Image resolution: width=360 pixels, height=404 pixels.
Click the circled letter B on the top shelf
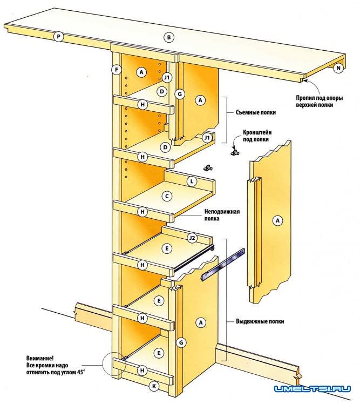coord(169,37)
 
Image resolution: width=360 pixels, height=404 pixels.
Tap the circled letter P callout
coord(59,37)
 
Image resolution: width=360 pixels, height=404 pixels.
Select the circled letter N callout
coord(338,68)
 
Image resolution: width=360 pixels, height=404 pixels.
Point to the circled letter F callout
coord(116,70)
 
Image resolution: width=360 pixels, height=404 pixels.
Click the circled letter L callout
coord(191,181)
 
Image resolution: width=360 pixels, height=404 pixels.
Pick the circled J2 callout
coord(191,238)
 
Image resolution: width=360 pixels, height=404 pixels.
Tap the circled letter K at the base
coord(153,386)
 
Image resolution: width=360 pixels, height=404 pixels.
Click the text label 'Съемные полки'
coord(256,113)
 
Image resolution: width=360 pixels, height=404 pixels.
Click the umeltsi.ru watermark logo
coord(313,388)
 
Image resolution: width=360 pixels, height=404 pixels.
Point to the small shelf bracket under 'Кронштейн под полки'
coord(234,153)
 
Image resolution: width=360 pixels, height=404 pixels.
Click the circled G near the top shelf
coord(181,95)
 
